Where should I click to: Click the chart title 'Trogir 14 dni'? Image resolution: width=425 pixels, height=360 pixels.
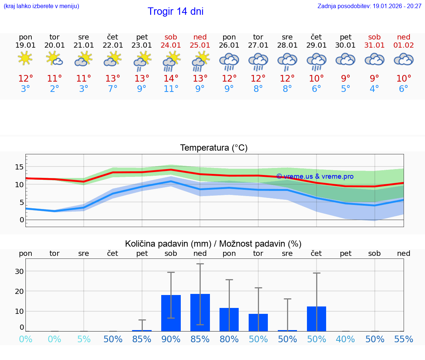[x=175, y=11]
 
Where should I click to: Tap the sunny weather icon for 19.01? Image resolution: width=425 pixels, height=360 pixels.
[x=25, y=58]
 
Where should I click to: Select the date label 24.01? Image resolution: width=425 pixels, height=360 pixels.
[x=171, y=45]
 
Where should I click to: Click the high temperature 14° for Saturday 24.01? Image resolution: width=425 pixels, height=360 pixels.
[x=171, y=79]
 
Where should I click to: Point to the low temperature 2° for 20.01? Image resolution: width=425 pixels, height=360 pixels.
[x=54, y=89]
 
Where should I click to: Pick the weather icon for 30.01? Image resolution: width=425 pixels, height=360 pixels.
[x=345, y=59]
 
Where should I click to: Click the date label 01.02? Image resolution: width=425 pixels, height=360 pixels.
[x=404, y=45]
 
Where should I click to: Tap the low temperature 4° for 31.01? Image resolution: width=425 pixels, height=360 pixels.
[x=374, y=89]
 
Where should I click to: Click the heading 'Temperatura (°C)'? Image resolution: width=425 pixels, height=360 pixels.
[x=214, y=148]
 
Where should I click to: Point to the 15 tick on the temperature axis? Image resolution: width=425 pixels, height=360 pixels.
[x=19, y=167]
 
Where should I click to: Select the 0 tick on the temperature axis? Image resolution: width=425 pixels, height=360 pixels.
[x=22, y=220]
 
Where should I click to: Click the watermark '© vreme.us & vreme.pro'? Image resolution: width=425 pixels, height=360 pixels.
[x=315, y=176]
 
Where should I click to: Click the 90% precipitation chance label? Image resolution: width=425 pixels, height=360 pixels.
[x=171, y=339]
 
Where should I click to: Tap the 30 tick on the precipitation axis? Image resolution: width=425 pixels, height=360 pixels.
[x=19, y=271]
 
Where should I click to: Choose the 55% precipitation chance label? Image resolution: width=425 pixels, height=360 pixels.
[x=404, y=339]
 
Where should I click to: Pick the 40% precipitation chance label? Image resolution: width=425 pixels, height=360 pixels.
[x=345, y=339]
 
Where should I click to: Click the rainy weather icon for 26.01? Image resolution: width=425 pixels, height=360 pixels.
[x=229, y=61]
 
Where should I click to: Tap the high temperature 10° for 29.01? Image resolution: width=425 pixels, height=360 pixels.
[x=316, y=79]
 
